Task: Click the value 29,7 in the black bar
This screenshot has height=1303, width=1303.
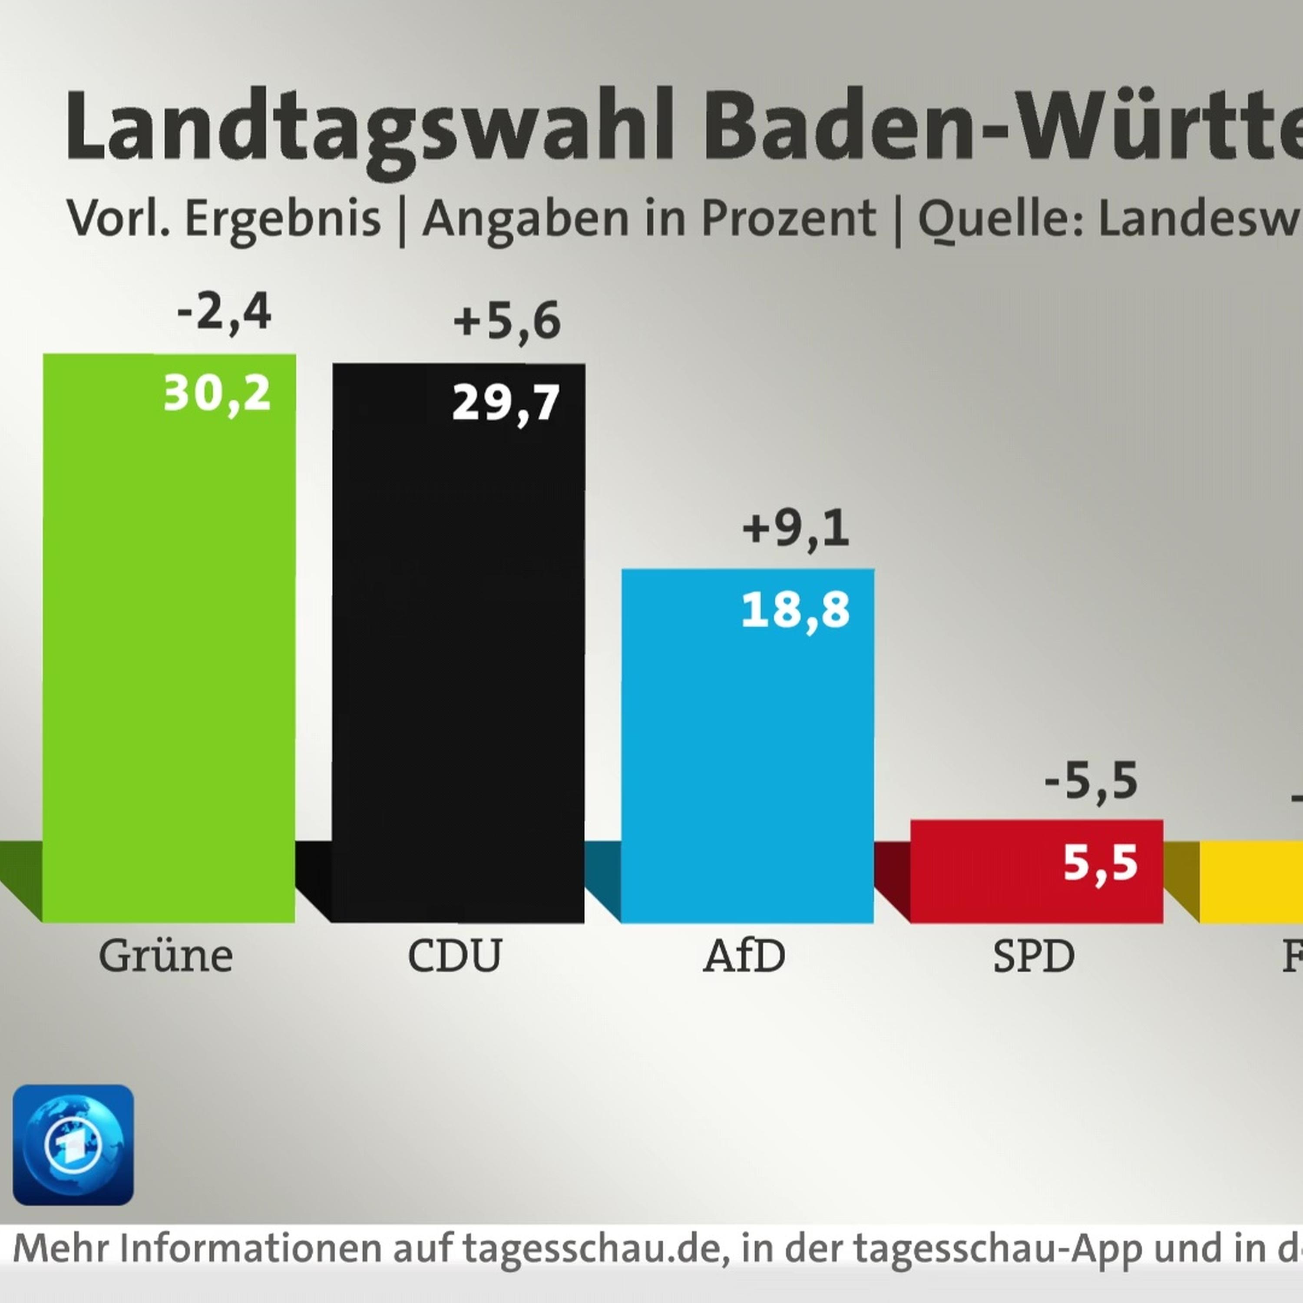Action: coord(506,403)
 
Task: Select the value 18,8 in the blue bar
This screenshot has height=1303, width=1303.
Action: coord(795,610)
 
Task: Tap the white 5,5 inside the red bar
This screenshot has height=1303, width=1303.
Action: coord(1100,863)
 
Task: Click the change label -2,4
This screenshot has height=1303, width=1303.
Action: coord(224,313)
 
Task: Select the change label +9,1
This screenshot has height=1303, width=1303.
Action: coord(795,528)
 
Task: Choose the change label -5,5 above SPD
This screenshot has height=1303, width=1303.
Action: coord(1091,781)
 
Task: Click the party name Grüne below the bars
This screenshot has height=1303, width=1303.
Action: coord(166,956)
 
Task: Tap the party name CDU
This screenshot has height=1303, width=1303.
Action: coord(455,956)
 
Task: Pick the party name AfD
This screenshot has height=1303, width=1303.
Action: coord(744,956)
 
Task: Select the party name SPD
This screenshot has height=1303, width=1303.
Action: coord(1033,956)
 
